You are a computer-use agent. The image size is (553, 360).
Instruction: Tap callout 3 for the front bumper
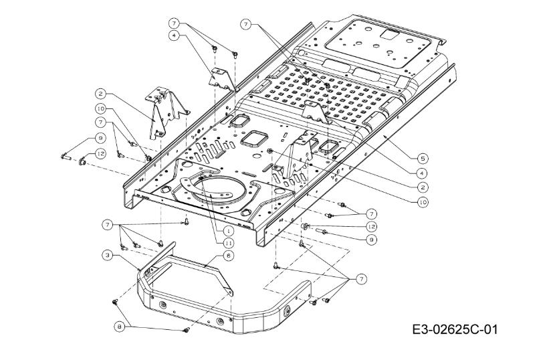pyautogui.click(x=107, y=255)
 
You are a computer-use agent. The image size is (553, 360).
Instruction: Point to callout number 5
pyautogui.click(x=421, y=159)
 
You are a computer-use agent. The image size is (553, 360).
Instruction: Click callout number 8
pyautogui.click(x=120, y=326)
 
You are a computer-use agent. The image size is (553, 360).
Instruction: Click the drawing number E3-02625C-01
pyautogui.click(x=455, y=330)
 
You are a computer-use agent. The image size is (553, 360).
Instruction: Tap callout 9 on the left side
pyautogui.click(x=100, y=138)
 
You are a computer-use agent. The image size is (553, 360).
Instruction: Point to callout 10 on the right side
pyautogui.click(x=421, y=200)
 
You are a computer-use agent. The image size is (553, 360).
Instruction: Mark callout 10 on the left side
pyautogui.click(x=100, y=108)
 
